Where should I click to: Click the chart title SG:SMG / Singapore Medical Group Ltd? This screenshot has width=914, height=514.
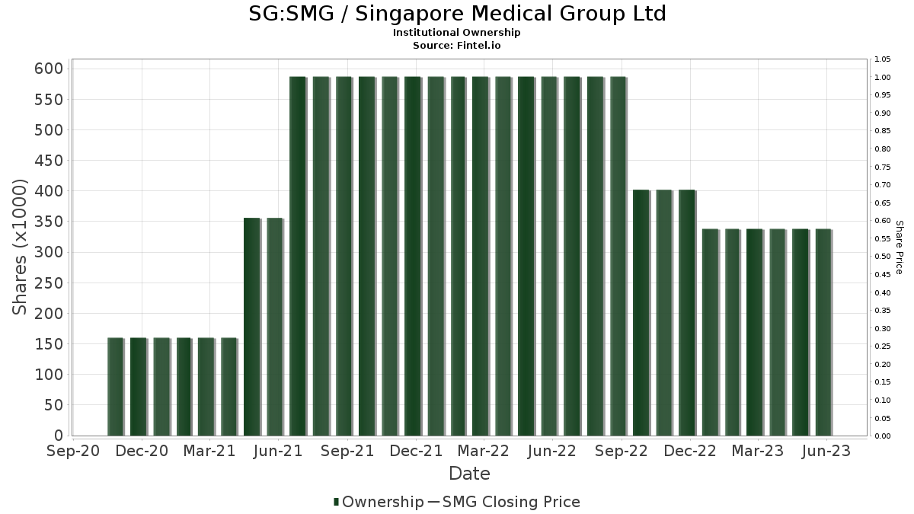[457, 14]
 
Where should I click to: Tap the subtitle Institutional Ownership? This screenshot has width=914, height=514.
[457, 33]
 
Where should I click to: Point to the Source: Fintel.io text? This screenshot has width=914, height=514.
[457, 46]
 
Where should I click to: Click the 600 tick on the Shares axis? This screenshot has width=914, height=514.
[50, 69]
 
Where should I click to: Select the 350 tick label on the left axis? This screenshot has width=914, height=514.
[50, 222]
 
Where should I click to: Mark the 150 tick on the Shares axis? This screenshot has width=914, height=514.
[50, 344]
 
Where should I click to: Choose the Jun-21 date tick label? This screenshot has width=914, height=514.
[279, 452]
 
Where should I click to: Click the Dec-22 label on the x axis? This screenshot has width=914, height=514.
[690, 452]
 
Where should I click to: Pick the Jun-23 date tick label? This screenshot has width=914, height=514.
[827, 452]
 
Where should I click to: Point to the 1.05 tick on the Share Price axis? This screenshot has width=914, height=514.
[883, 59]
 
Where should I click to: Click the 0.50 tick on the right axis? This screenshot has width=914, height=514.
[883, 257]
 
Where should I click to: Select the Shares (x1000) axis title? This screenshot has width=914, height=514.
[20, 247]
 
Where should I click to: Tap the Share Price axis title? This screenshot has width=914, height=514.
[899, 247]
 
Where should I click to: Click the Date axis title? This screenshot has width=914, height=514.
[469, 474]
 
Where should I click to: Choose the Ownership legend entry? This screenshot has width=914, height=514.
[379, 502]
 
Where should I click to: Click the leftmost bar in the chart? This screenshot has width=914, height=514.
[115, 387]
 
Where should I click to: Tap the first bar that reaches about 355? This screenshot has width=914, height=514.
[252, 327]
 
